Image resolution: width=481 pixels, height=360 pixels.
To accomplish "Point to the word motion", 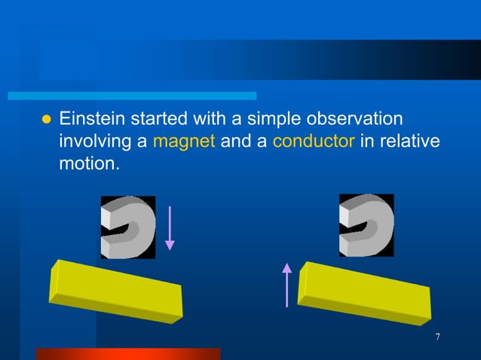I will pyautogui.click(x=88, y=163).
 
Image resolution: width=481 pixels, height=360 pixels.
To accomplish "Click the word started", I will pyautogui.click(x=156, y=119).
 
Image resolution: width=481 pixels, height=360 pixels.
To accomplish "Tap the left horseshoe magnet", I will pyautogui.click(x=128, y=227).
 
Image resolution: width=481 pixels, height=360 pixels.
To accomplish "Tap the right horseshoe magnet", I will pyautogui.click(x=366, y=225).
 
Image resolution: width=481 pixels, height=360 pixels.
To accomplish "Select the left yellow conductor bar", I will pyautogui.click(x=115, y=291).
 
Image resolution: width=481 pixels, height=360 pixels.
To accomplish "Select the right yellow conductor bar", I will pyautogui.click(x=365, y=288).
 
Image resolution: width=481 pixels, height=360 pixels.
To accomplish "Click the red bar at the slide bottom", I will pyautogui.click(x=128, y=353).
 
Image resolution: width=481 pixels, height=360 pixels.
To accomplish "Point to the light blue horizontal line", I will pyautogui.click(x=132, y=96).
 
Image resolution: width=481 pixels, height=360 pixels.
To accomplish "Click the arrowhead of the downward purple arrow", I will pyautogui.click(x=170, y=245).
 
